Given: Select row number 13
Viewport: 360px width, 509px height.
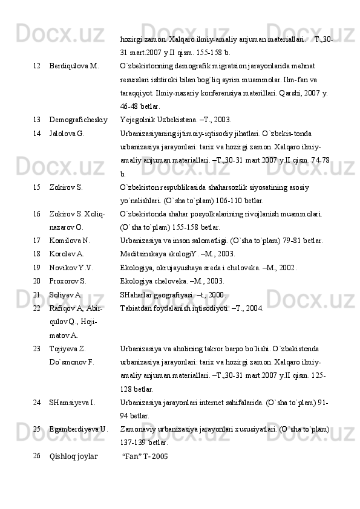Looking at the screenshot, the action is (37, 119).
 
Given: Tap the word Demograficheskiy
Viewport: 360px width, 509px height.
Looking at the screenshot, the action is (79, 119).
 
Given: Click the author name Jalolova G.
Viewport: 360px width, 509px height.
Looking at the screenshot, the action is (67, 132).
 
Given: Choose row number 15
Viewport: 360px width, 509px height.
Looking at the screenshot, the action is (37, 188).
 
